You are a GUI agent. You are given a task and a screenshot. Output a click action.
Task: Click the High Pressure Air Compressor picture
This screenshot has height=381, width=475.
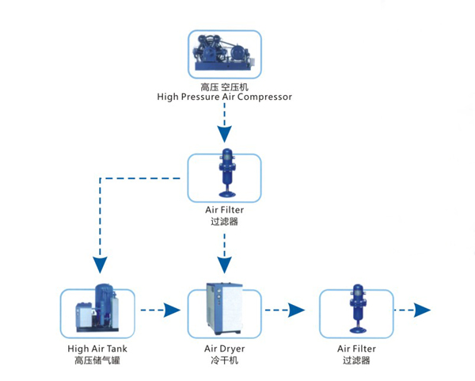(224, 53)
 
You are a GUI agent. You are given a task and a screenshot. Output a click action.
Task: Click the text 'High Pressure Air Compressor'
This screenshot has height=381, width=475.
(225, 97)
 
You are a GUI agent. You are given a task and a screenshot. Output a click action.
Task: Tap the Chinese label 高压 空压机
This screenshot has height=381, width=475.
(225, 86)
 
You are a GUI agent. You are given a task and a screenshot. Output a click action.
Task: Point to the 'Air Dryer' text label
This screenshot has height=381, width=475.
(225, 348)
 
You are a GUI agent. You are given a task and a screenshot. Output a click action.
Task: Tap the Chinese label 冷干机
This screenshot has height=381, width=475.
(225, 360)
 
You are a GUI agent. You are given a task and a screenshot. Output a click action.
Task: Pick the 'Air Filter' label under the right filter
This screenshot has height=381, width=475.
(356, 348)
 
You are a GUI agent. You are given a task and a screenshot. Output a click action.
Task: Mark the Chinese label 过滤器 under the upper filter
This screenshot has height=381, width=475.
(225, 223)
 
